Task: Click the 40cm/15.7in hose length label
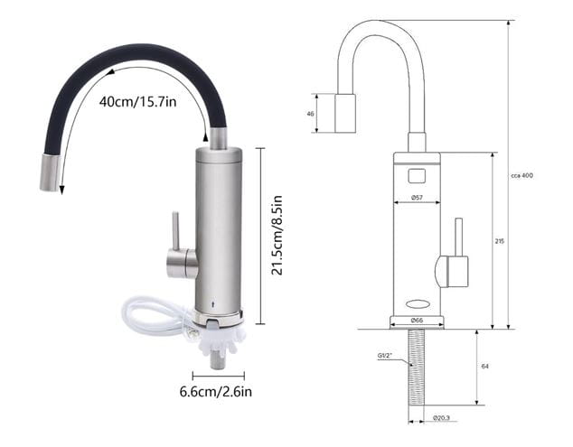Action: click(x=137, y=101)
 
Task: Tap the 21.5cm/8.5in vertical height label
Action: click(x=277, y=236)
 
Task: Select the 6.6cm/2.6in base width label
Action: click(x=216, y=392)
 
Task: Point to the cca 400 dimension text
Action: click(x=521, y=175)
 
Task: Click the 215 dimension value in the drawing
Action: click(x=500, y=241)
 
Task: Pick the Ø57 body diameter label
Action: click(x=417, y=197)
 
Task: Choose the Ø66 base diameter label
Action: click(x=417, y=320)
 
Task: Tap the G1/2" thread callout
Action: click(x=385, y=355)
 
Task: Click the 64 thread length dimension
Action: click(x=485, y=366)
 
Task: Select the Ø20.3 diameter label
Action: click(x=441, y=418)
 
